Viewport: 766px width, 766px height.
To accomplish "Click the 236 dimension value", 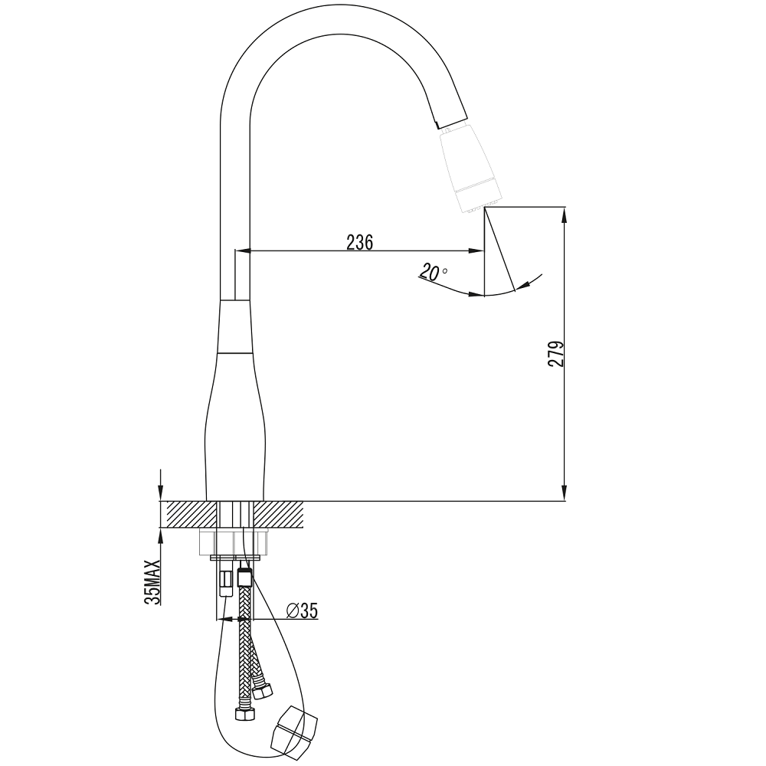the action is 359,242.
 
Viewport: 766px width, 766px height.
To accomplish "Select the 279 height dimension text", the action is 556,354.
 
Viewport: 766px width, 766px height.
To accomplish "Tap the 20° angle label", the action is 432,273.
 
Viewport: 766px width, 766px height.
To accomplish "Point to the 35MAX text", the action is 152,582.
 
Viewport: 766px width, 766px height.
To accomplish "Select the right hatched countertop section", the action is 279,515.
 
